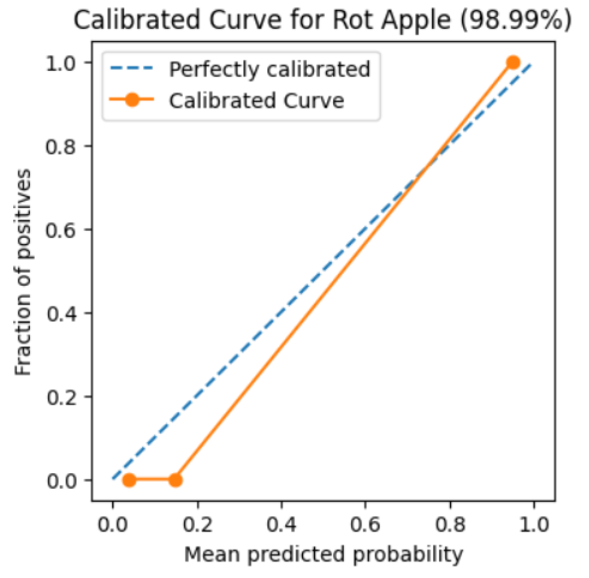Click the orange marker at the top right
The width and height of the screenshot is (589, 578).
coord(513,62)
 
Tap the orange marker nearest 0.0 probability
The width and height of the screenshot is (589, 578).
coord(129,480)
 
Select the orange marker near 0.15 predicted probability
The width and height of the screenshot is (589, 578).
coord(175,480)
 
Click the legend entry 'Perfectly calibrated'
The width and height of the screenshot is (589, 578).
coord(269,69)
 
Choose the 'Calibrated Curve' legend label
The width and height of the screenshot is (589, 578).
coord(256,100)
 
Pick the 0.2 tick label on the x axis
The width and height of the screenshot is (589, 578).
coord(197,524)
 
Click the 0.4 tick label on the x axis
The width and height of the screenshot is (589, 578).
coord(282,524)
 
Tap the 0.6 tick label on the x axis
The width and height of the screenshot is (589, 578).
coord(366,524)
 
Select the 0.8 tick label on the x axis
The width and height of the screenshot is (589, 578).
coord(450,524)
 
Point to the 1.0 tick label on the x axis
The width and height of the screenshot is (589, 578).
coord(534,524)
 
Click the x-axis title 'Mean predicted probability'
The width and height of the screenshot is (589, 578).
coord(324,554)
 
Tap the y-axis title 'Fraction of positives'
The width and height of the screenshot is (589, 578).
coord(24,272)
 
